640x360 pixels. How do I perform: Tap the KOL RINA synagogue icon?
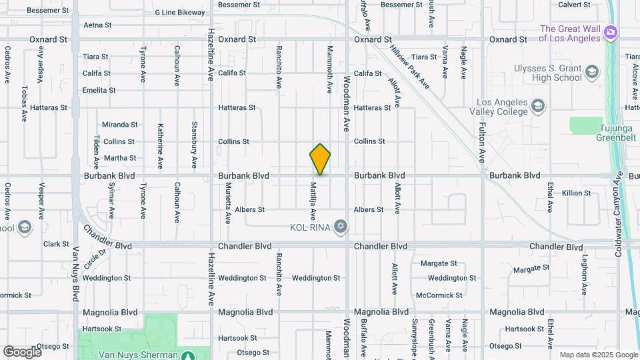click(341, 227)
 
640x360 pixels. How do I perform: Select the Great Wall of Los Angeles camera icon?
click(609, 32)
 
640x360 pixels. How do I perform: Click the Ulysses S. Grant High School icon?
click(591, 72)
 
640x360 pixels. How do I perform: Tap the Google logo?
click(22, 351)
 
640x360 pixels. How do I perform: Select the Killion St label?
click(577, 193)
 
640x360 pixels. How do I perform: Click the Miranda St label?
click(119, 125)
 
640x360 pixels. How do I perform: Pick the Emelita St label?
click(99, 90)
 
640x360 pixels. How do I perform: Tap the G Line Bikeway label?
click(180, 13)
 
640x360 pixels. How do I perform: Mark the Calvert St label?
click(573, 4)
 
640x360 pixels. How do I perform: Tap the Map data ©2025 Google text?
click(598, 355)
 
